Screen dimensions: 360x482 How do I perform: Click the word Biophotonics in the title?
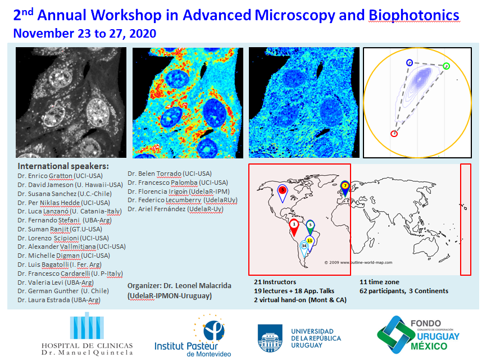[413, 15]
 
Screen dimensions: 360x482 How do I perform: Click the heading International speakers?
[63, 166]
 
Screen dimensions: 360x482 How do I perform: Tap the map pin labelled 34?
[304, 246]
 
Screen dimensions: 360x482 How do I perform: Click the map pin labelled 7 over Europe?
[345, 186]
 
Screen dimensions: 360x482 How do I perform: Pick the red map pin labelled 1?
[294, 225]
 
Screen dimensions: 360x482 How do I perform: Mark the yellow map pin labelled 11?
[310, 240]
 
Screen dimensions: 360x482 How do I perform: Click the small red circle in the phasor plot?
[394, 133]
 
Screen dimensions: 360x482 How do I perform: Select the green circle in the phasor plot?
[446, 66]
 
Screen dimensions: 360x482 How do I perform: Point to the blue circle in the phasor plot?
[410, 62]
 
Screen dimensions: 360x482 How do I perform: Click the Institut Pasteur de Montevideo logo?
[193, 335]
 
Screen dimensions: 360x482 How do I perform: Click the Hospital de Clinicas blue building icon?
[86, 326]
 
